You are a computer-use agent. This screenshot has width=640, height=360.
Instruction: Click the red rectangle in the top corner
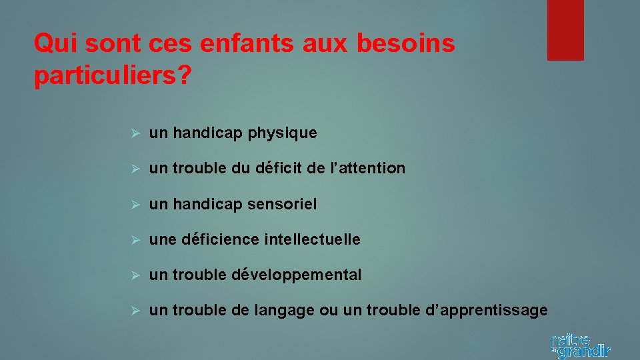(x=565, y=30)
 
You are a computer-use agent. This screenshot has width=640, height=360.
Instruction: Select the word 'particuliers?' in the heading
(x=112, y=75)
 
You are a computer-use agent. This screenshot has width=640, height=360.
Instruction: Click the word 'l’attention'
(x=371, y=169)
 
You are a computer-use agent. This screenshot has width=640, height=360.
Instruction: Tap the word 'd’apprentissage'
(x=475, y=310)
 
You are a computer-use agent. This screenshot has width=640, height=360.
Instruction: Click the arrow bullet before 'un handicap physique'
(x=134, y=133)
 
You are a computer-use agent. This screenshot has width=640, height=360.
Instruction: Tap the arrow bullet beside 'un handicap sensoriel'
(x=134, y=204)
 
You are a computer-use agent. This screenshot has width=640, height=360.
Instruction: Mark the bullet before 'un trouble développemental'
(x=134, y=275)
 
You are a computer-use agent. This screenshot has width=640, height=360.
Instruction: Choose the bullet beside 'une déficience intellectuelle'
(x=134, y=239)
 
